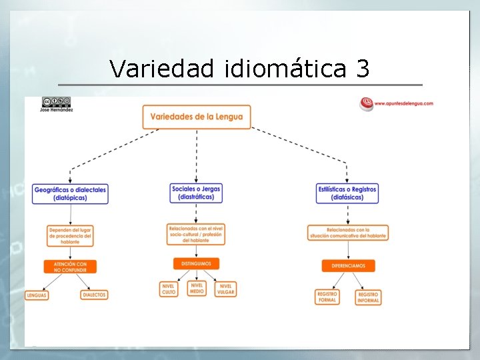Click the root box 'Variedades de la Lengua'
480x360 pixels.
(x=197, y=117)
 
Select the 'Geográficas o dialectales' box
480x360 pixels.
(x=70, y=193)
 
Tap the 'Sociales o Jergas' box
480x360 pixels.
(x=196, y=193)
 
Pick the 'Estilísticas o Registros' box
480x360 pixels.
(x=347, y=193)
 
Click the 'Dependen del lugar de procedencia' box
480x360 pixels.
(x=70, y=235)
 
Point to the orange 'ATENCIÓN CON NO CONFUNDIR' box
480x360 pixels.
(x=70, y=266)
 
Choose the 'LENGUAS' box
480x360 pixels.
(x=37, y=295)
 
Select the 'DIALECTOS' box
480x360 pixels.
(x=95, y=295)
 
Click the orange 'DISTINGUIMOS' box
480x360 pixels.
(x=196, y=264)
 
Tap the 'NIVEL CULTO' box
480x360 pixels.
(x=169, y=289)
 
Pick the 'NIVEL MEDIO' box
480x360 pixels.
(x=197, y=289)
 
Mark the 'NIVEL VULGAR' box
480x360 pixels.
(x=226, y=289)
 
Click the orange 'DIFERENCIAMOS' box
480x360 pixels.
(x=348, y=265)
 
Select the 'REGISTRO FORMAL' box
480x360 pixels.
(x=327, y=297)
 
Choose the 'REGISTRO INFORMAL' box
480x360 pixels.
(x=368, y=297)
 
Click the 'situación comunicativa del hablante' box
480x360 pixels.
(x=348, y=232)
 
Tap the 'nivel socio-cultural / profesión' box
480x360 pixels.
(x=196, y=233)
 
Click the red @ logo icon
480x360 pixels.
(x=366, y=103)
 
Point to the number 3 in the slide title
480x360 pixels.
(x=363, y=68)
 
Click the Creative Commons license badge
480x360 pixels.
(x=56, y=101)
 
